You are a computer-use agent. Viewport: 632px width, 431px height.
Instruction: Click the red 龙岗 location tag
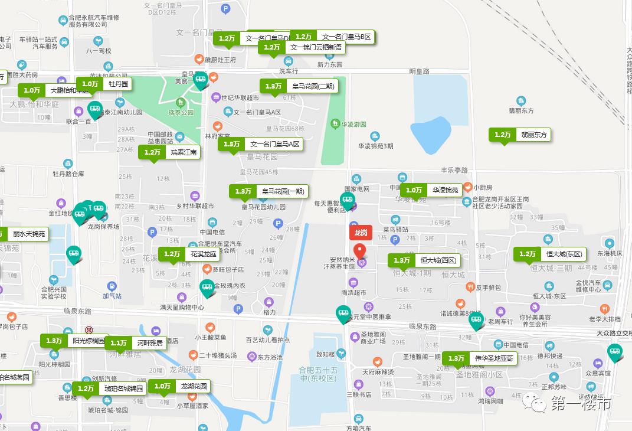[361, 233]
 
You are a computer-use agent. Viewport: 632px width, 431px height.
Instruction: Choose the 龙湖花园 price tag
[179, 386]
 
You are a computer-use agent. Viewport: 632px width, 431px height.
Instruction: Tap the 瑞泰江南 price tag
[169, 152]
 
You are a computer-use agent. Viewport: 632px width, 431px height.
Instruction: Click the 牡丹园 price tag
[103, 84]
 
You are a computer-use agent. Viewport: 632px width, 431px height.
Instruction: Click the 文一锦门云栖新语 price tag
[302, 47]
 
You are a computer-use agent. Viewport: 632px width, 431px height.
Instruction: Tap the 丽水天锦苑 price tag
[22, 234]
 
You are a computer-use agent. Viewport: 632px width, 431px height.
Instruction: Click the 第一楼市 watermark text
[580, 404]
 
